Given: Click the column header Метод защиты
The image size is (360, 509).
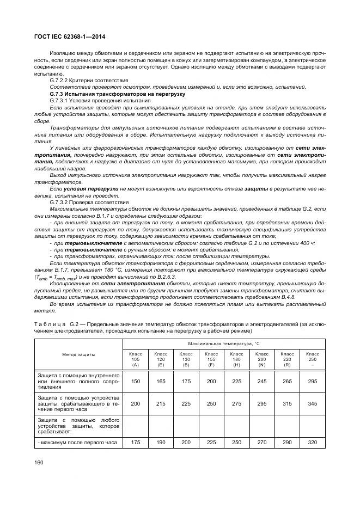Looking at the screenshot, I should point(78,354).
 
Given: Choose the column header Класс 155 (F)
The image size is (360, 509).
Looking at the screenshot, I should point(211,359).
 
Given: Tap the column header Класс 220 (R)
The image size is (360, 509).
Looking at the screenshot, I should point(287,359).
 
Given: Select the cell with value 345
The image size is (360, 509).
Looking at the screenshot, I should point(313,404).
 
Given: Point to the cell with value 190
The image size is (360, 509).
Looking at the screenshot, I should point(161,443).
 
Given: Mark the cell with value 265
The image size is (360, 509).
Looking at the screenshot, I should point(287,382).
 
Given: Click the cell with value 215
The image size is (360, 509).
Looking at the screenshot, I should point(161,404).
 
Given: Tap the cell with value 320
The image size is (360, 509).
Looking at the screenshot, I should point(313,443).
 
